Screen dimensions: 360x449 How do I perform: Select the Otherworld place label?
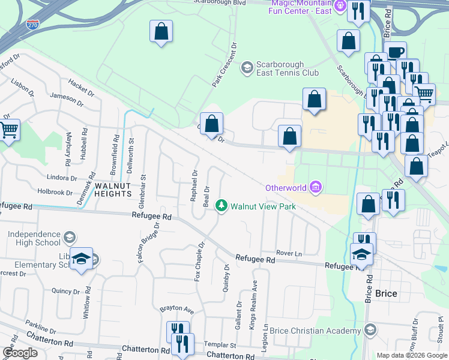[x=287, y=188]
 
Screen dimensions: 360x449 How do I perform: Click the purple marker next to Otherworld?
[x=316, y=188]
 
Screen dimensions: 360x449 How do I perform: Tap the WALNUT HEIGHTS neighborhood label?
[x=113, y=190]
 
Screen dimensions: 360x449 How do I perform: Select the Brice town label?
[x=386, y=294]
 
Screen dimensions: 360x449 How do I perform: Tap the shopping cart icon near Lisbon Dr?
[x=8, y=129]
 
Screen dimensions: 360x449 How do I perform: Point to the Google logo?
[x=20, y=353]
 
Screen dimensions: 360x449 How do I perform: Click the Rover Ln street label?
[x=289, y=253]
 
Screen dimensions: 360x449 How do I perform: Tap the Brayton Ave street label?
[x=176, y=310]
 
